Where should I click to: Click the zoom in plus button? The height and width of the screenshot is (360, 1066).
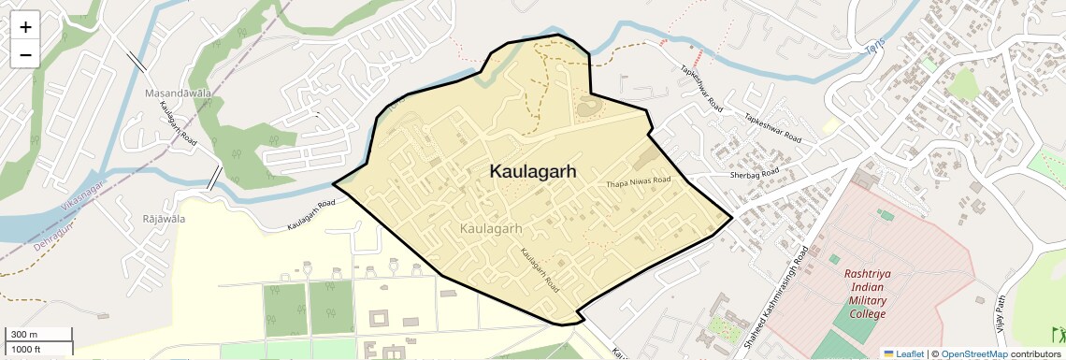pos(25,27)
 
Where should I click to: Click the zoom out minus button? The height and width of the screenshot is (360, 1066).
pos(25,54)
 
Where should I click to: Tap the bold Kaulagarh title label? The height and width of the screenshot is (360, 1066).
pos(532,172)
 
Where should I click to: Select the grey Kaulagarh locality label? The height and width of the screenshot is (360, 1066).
pos(491,228)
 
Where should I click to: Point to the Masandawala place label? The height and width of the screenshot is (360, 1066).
pos(178,94)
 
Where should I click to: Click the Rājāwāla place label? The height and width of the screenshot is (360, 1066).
pos(163,219)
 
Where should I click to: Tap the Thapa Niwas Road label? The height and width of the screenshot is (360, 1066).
pos(639,180)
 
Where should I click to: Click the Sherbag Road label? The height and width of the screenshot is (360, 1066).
pos(754,175)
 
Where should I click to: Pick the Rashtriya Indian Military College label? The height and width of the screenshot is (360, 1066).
pos(866,294)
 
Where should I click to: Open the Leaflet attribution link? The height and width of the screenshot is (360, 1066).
pos(903,353)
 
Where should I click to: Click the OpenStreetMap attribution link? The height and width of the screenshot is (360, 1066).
pos(973,353)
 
